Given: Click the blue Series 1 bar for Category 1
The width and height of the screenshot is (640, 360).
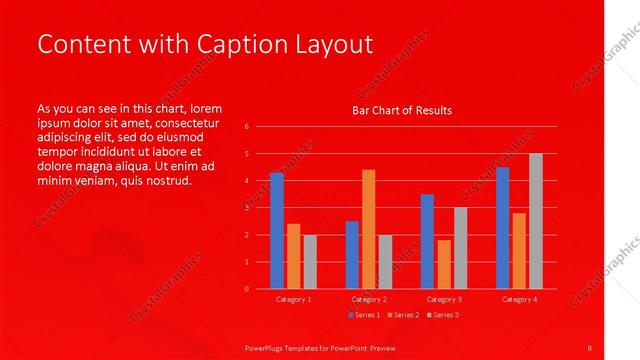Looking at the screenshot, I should [277, 231].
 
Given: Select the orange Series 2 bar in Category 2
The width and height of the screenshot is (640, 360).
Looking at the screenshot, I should [369, 229].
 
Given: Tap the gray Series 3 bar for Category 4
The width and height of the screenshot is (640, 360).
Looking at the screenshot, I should [535, 221].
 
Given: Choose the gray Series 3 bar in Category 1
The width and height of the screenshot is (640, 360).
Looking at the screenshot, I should [310, 262].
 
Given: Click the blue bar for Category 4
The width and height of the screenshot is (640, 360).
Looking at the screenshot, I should [503, 228].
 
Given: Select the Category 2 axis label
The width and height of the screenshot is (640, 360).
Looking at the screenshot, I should [369, 299].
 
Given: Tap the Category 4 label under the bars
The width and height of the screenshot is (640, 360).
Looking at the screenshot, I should [519, 299].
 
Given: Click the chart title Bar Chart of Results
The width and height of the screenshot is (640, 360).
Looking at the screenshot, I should [402, 110].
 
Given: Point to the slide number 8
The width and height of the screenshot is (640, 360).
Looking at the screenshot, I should [590, 347].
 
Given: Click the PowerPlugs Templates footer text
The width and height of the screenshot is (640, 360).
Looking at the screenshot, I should [320, 347].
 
